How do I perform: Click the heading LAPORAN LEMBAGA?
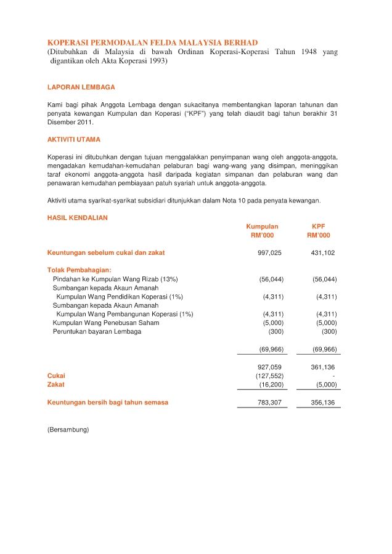[81, 87]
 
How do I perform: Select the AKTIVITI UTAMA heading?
[74, 140]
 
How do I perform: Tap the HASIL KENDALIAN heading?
[78, 217]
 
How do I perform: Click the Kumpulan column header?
[262, 227]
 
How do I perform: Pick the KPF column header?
[319, 227]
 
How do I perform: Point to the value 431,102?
[323, 253]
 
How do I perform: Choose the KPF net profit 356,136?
[323, 403]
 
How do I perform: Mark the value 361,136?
[323, 367]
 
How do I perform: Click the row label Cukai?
[56, 375]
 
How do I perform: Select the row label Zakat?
[55, 384]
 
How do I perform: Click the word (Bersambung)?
[68, 429]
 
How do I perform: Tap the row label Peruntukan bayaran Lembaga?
[97, 332]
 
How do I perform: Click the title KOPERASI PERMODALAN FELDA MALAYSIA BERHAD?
[153, 42]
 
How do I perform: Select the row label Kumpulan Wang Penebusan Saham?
[106, 323]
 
